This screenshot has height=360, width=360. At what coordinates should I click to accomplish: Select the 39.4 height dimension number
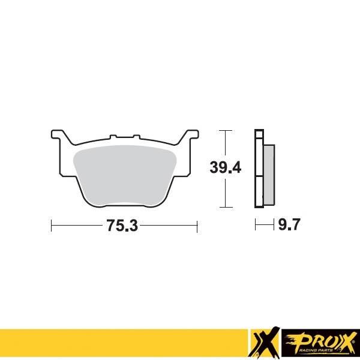click(225, 168)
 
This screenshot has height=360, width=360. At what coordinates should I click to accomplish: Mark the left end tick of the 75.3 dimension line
click(52, 226)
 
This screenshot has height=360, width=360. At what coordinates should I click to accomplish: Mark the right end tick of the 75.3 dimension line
click(197, 226)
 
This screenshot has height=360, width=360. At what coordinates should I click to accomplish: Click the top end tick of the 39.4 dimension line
click(224, 130)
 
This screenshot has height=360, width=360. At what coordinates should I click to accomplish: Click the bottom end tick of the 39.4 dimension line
click(224, 206)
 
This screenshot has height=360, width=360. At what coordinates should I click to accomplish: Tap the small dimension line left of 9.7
click(263, 226)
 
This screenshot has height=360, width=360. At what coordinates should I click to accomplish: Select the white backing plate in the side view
click(259, 168)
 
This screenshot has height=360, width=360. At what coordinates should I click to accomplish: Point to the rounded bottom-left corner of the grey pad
click(91, 200)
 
